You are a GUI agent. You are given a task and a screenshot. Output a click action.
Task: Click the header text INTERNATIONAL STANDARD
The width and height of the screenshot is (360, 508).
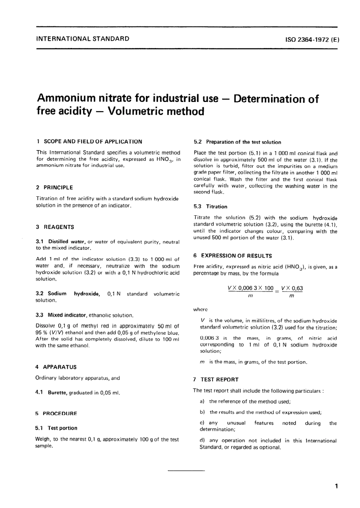click(82, 38)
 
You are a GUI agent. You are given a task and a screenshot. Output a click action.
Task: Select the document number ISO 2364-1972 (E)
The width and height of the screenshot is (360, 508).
click(309, 39)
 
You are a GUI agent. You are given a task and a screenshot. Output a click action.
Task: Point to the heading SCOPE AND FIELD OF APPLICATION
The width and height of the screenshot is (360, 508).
click(93, 141)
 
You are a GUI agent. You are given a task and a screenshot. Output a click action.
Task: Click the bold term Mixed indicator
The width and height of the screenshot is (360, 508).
click(68, 315)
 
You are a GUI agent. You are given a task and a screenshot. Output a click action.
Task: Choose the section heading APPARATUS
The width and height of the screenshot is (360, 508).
click(59, 367)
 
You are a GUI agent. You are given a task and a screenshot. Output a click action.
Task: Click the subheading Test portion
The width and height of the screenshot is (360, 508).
click(62, 428)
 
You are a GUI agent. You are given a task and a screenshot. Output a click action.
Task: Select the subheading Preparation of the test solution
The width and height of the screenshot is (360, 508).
click(243, 142)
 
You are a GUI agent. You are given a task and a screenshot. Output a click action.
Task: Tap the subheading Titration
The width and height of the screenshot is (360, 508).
click(216, 207)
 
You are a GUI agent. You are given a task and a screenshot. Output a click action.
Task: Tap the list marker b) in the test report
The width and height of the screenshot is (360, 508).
click(202, 412)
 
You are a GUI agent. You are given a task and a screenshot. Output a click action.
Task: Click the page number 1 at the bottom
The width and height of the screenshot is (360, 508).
click(336, 486)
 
